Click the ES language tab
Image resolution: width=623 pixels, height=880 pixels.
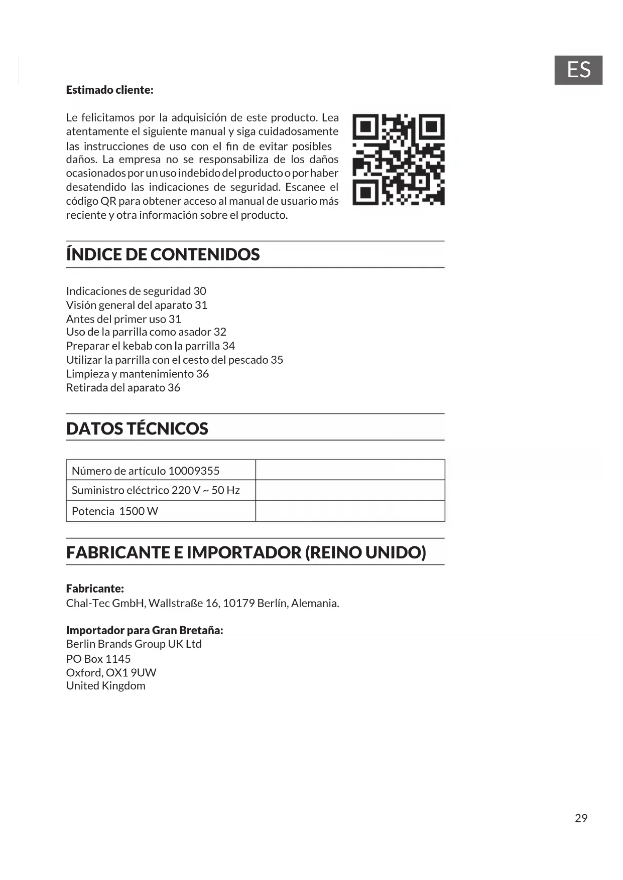578,70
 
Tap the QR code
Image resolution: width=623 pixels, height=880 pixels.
398,160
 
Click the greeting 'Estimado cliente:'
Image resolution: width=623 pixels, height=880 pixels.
109,90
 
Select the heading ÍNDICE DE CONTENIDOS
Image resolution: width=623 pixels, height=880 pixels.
163,254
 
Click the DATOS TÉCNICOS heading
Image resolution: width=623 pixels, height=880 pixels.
137,428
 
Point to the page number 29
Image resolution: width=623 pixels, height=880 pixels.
581,818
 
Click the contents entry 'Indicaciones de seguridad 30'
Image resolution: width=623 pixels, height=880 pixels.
136,291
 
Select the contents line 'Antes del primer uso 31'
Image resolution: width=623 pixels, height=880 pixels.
123,319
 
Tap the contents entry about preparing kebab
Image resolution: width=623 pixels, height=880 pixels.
150,346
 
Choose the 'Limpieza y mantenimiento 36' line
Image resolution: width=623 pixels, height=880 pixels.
137,374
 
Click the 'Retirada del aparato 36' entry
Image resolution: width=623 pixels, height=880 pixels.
123,387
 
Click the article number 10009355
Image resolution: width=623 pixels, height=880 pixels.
194,471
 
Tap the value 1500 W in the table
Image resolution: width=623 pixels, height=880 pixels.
139,511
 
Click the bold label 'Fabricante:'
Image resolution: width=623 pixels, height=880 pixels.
95,589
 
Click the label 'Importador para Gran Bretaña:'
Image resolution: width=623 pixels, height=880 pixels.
145,630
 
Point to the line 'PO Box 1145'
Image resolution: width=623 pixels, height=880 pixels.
98,659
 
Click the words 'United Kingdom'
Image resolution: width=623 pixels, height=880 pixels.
105,686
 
